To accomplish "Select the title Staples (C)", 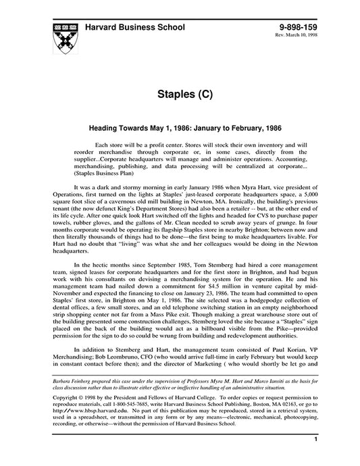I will (x=180, y=93).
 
